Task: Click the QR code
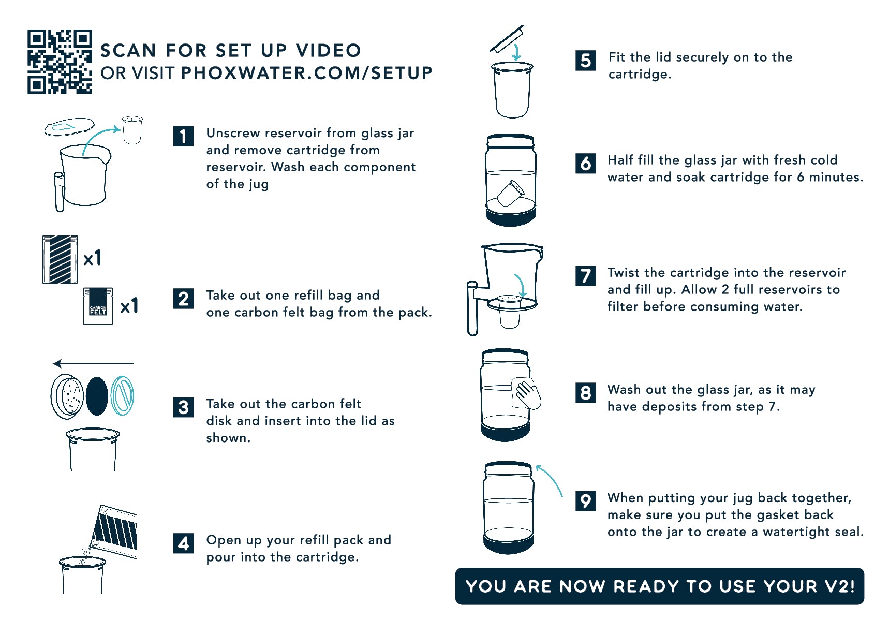click(60, 62)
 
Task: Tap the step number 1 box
click(183, 136)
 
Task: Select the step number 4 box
click(183, 543)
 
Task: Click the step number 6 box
click(585, 163)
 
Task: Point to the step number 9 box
click(585, 501)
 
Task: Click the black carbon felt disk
click(97, 396)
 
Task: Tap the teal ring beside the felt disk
click(123, 396)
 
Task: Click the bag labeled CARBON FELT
click(98, 306)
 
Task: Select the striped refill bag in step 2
click(60, 259)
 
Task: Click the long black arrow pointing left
click(93, 364)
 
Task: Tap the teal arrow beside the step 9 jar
click(549, 479)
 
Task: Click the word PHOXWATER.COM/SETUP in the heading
click(307, 73)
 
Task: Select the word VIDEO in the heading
click(329, 51)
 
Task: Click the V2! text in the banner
click(839, 586)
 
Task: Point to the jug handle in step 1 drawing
click(60, 191)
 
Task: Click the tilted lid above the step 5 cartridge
click(507, 39)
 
